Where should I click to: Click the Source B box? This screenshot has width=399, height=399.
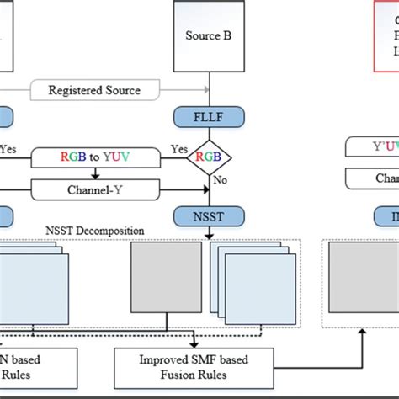pos(208,36)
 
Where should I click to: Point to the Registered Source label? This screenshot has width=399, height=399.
pos(117,88)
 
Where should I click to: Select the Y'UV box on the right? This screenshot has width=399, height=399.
pos(373,147)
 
